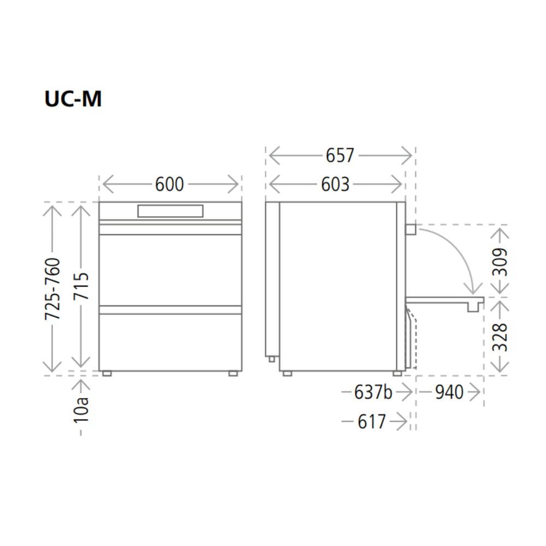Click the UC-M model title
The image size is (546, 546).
(x=73, y=99)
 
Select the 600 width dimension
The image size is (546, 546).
(x=169, y=184)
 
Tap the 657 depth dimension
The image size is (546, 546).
(x=340, y=155)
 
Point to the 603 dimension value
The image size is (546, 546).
(x=335, y=184)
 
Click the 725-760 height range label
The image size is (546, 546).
(x=52, y=289)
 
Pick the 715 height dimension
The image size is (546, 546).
(x=81, y=286)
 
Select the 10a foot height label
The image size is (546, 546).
(x=81, y=410)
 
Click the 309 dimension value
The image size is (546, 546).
(x=500, y=262)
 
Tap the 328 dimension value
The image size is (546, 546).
(x=500, y=337)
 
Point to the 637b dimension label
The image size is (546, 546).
(x=373, y=392)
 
